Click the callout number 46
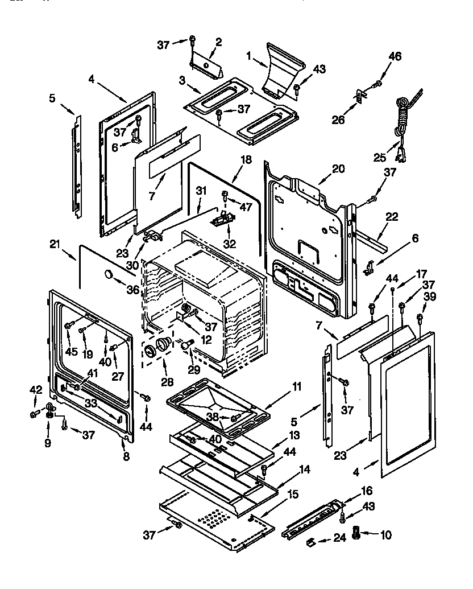pyautogui.click(x=395, y=56)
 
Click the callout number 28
pyautogui.click(x=167, y=381)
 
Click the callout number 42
pyautogui.click(x=36, y=390)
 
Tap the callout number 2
pyautogui.click(x=218, y=42)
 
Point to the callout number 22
pyautogui.click(x=392, y=217)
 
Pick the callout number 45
pyautogui.click(x=70, y=351)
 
